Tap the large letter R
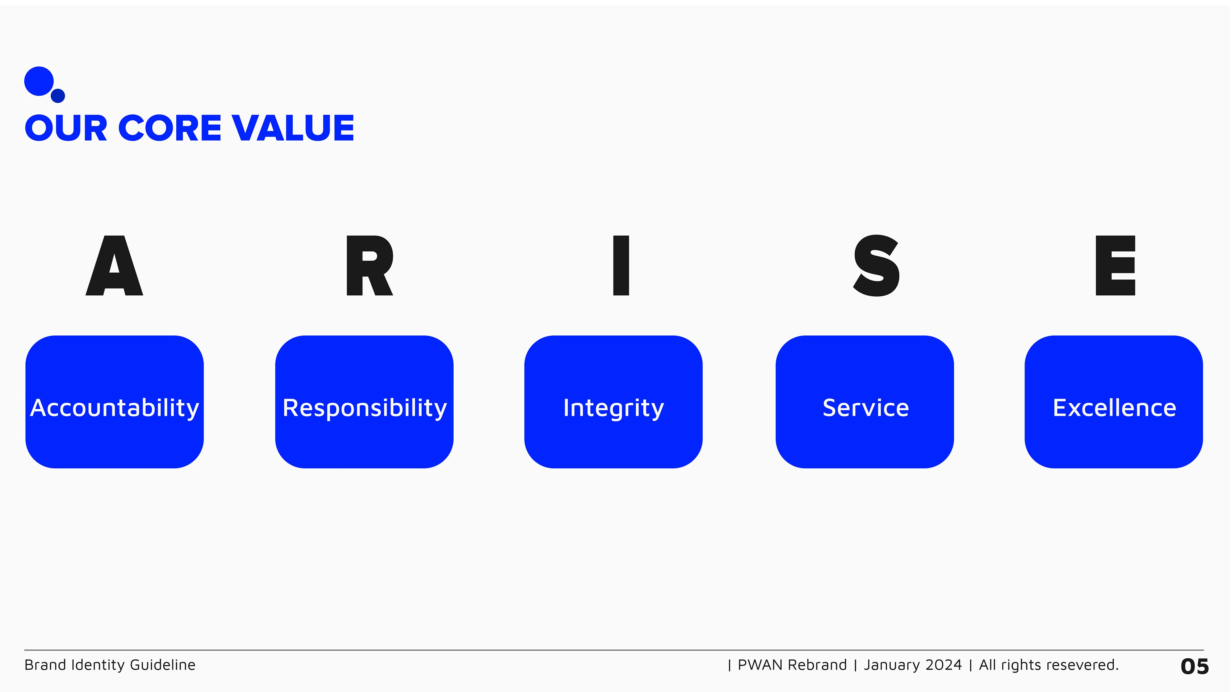pos(369,266)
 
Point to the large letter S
pos(876,266)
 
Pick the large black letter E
pos(1115,266)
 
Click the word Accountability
pos(115,408)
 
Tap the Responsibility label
pos(364,408)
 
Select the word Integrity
pos(614,408)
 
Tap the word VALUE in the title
pos(293,128)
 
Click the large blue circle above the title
pos(39,81)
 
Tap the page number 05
pos(1195,666)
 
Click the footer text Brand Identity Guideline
pos(110,665)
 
